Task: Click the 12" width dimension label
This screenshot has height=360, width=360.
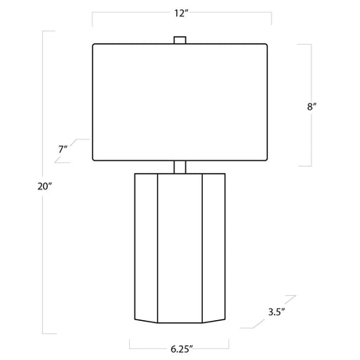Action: point(182,13)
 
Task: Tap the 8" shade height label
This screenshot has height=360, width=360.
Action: point(311,106)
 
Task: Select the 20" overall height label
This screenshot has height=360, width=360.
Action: point(45,186)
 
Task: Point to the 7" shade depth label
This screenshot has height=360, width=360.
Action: point(63,149)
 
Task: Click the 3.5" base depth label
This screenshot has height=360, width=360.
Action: point(276,311)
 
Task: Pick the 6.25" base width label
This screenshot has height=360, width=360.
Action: point(182,349)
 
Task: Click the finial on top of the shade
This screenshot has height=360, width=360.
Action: point(180,40)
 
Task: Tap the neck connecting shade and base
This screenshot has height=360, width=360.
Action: point(180,167)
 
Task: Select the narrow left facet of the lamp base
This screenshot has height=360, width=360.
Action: point(146,247)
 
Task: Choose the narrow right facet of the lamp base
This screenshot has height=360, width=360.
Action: point(214,247)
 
